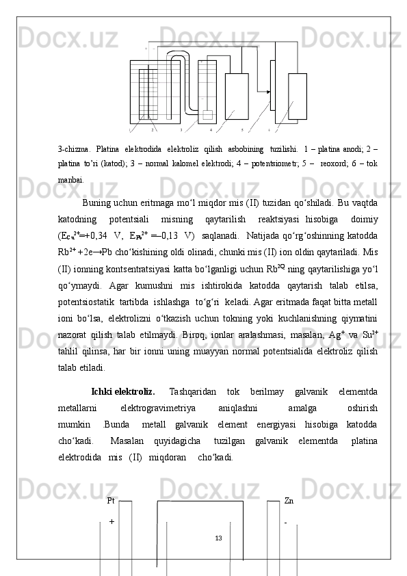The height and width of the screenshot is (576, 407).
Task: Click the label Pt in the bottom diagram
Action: (111, 501)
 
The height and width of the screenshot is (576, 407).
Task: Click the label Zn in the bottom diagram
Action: (289, 501)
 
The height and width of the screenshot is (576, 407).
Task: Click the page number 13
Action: (218, 538)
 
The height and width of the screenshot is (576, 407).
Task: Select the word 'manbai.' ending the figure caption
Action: (72, 180)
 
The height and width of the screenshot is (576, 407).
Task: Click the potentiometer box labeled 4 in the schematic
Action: (237, 96)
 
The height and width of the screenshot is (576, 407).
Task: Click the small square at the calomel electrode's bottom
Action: (207, 114)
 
